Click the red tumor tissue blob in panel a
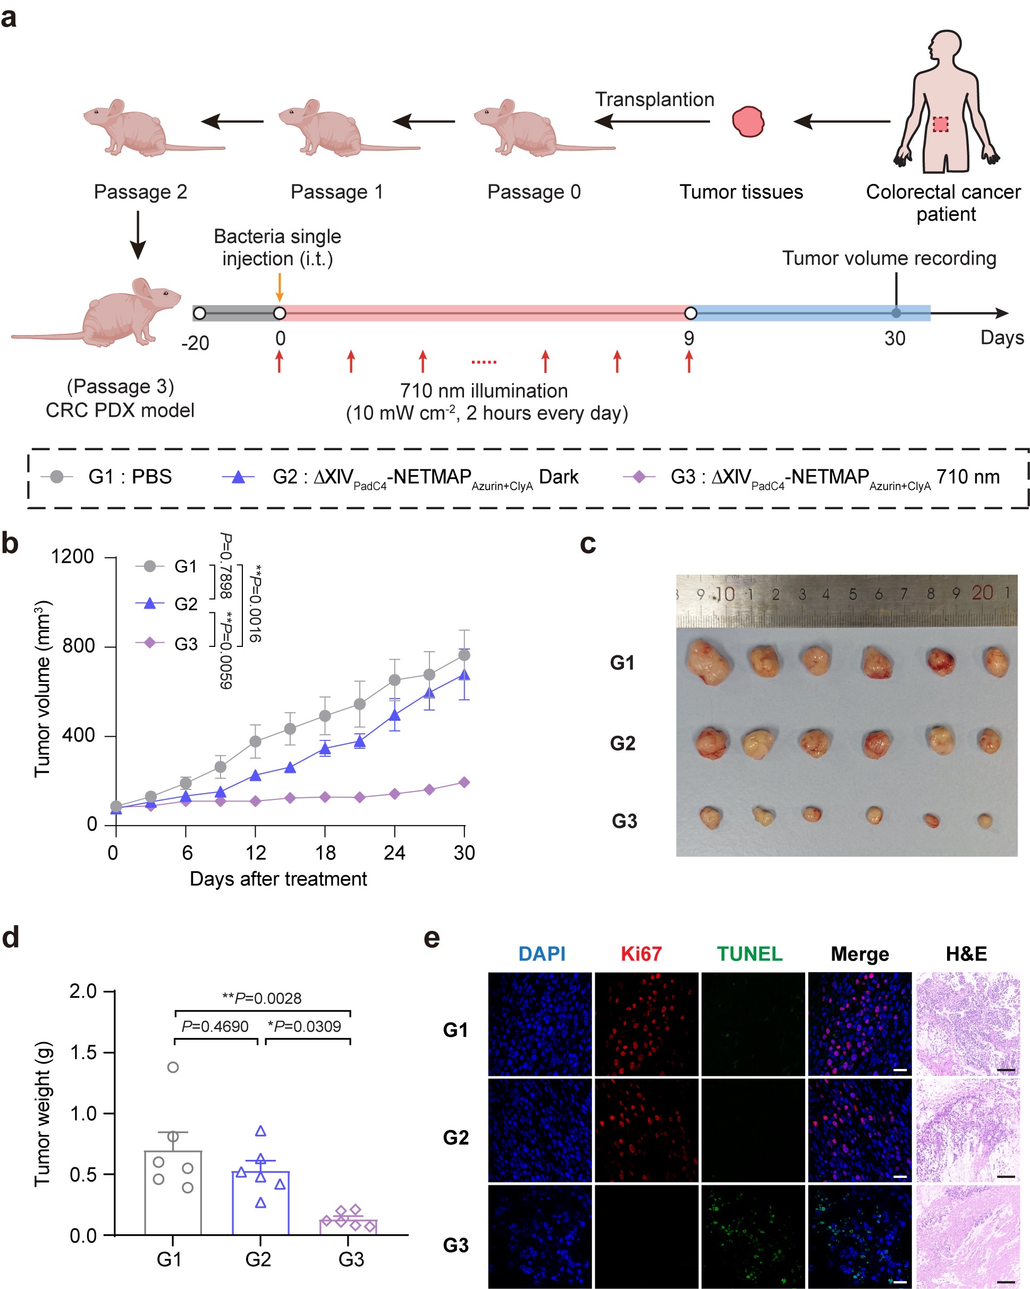[x=748, y=121]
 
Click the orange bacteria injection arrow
[x=278, y=288]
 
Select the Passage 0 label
[x=533, y=192]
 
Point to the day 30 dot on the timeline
[x=896, y=313]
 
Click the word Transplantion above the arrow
[x=654, y=99]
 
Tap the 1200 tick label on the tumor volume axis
[x=72, y=557]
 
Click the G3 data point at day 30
[x=464, y=782]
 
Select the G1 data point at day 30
[x=464, y=655]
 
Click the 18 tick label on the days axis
[x=325, y=853]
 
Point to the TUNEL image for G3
[x=753, y=1235]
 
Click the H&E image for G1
[x=967, y=1024]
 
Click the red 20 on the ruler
[x=982, y=593]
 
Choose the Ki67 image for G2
[x=646, y=1130]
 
